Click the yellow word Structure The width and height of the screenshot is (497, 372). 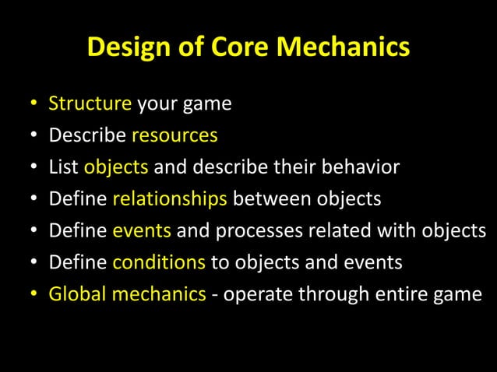tap(90, 104)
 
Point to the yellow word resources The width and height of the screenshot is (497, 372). tap(174, 135)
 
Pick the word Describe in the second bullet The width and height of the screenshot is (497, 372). tap(87, 135)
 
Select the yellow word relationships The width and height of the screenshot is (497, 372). tap(170, 199)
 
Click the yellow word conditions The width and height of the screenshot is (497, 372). tap(159, 263)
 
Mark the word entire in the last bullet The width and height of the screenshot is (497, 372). tap(406, 295)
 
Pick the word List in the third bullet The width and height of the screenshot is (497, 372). tap(64, 167)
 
